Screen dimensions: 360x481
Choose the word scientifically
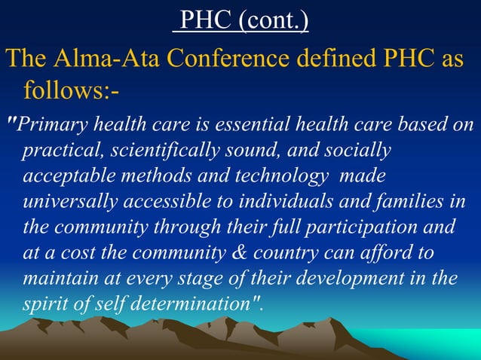pyautogui.click(x=158, y=151)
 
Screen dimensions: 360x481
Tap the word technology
pyautogui.click(x=286, y=176)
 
